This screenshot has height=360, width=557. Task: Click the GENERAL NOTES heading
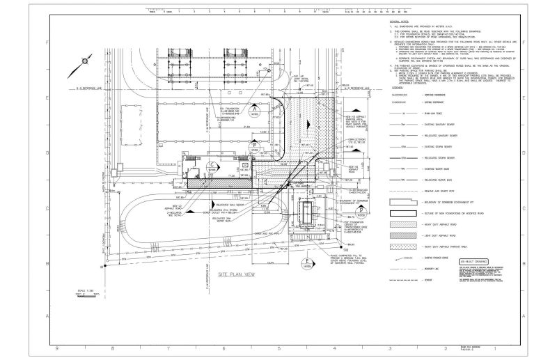[x=400, y=23]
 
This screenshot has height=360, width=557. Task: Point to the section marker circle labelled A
[x=255, y=109]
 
